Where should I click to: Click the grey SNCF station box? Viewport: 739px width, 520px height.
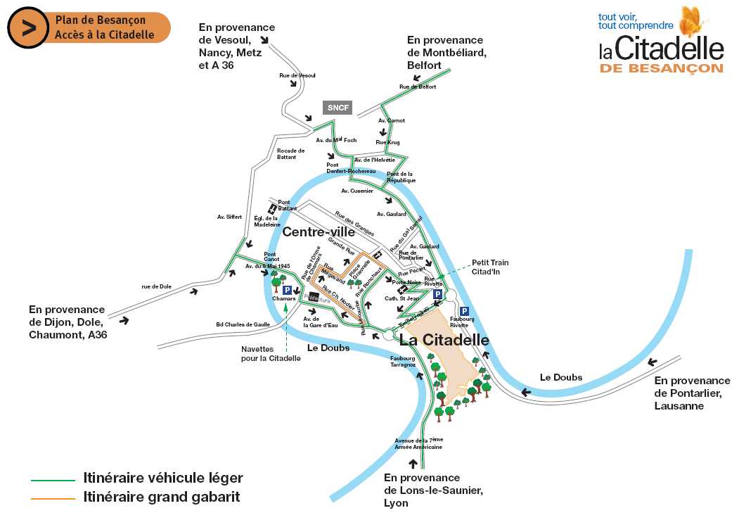[338, 107]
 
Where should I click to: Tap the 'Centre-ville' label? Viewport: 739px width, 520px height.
[319, 232]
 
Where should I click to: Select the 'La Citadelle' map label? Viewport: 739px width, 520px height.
[444, 340]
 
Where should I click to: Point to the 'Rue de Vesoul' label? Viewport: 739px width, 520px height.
[297, 75]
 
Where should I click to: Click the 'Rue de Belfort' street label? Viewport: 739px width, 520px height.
[418, 87]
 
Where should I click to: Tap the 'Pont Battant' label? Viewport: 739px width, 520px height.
[284, 205]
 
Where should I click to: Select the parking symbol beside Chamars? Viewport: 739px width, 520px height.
[287, 289]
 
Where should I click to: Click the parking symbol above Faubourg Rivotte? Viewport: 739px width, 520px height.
[464, 311]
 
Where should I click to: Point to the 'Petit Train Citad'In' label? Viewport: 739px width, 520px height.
[490, 267]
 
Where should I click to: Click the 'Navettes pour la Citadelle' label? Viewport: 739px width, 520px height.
[271, 353]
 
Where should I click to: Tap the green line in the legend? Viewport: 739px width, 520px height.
[53, 480]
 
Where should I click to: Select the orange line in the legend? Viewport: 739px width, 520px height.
[53, 498]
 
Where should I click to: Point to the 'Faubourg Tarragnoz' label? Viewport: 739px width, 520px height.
[404, 362]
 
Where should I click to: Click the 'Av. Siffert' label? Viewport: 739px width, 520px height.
[229, 217]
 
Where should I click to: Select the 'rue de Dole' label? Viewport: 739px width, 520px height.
[156, 286]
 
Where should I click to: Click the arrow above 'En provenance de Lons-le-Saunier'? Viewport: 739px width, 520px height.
[413, 463]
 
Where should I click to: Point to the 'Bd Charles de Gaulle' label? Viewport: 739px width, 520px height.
[243, 324]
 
